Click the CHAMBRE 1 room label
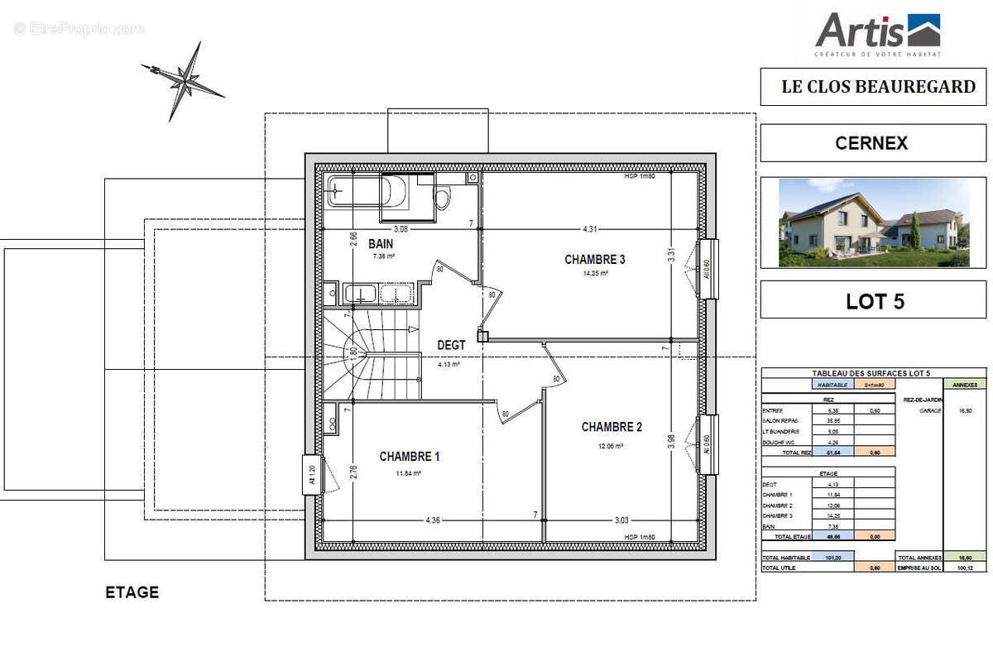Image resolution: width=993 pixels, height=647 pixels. pyautogui.click(x=410, y=457)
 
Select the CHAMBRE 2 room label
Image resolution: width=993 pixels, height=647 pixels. pyautogui.click(x=612, y=427)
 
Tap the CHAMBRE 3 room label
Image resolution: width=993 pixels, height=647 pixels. pyautogui.click(x=594, y=259)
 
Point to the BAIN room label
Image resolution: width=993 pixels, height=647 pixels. pyautogui.click(x=381, y=244)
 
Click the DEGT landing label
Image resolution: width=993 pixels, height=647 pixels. pyautogui.click(x=451, y=345)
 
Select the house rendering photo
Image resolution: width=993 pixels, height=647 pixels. pyautogui.click(x=873, y=223)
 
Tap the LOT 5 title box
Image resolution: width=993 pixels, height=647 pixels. pyautogui.click(x=873, y=300)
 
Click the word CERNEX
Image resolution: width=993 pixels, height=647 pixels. pyautogui.click(x=871, y=143)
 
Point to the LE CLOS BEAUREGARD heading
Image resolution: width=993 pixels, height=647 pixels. pyautogui.click(x=878, y=87)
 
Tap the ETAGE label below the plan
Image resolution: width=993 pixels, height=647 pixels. pyautogui.click(x=132, y=592)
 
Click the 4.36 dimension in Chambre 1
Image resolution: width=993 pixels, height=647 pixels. pyautogui.click(x=432, y=520)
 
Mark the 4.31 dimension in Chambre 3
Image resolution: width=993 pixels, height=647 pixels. pyautogui.click(x=590, y=228)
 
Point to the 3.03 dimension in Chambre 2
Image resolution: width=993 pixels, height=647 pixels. pyautogui.click(x=621, y=520)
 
